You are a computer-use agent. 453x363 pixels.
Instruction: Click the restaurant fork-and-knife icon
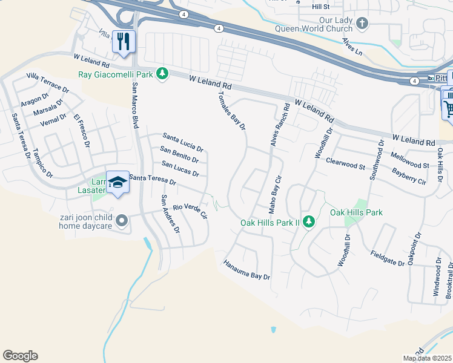click(124, 42)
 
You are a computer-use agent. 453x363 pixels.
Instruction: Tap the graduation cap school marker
click(117, 181)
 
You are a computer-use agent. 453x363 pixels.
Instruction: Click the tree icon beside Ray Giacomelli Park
click(162, 74)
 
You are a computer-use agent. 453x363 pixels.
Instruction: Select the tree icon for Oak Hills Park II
click(308, 222)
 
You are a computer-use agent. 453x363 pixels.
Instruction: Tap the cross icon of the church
click(362, 24)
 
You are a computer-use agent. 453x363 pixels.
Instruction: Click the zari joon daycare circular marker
click(122, 221)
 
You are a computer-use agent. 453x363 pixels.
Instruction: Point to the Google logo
click(20, 356)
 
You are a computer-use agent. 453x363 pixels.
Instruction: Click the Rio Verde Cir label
click(190, 211)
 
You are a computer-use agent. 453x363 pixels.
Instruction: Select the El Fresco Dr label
click(81, 131)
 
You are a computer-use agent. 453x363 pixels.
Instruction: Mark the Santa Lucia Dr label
click(182, 142)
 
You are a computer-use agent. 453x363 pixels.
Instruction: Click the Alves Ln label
click(352, 47)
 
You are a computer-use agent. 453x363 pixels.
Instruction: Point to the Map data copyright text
click(427, 358)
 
